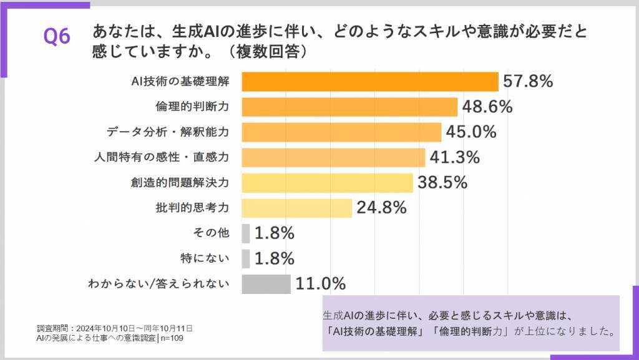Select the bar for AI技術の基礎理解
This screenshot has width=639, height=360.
pyautogui.click(x=370, y=82)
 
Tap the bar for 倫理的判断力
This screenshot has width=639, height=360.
pyautogui.click(x=349, y=107)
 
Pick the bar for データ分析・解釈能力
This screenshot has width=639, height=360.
pyautogui.click(x=341, y=132)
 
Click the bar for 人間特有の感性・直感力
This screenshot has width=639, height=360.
pyautogui.click(x=333, y=157)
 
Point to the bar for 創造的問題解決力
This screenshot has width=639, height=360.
pyautogui.click(x=327, y=183)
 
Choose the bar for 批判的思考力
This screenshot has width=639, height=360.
pyautogui.click(x=297, y=208)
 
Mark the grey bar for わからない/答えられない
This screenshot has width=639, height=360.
pyautogui.click(x=266, y=284)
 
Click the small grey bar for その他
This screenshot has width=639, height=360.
pyautogui.click(x=246, y=233)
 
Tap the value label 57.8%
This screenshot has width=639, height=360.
pyautogui.click(x=529, y=81)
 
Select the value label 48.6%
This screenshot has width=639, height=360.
pyautogui.click(x=487, y=107)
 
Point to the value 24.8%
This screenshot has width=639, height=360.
pyautogui.click(x=381, y=207)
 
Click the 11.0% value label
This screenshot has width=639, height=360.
pyautogui.click(x=321, y=284)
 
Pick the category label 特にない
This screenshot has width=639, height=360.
pyautogui.click(x=212, y=258)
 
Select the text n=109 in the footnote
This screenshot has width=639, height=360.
pyautogui.click(x=172, y=338)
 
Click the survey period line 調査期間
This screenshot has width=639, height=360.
pyautogui.click(x=115, y=328)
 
